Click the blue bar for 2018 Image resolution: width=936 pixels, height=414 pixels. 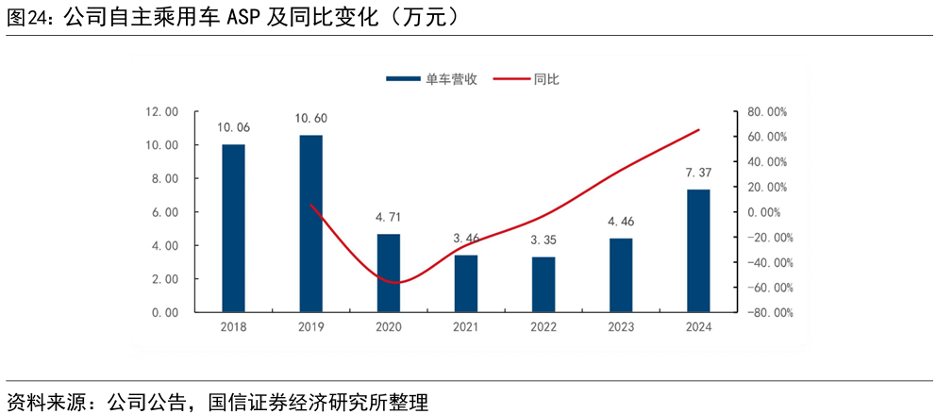tap(233, 228)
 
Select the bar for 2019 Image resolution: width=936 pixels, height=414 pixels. tap(310, 224)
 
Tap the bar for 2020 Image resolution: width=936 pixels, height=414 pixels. tap(388, 273)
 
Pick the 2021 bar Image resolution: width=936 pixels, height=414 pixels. tap(466, 283)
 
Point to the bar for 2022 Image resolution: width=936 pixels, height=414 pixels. tap(543, 284)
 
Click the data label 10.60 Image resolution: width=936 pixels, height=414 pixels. tap(310, 119)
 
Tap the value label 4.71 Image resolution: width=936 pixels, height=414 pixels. tap(388, 217)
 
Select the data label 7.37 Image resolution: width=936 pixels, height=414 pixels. tap(698, 173)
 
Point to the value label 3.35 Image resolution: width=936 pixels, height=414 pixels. tap(543, 240)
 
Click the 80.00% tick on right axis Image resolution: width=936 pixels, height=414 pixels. tap(767, 111)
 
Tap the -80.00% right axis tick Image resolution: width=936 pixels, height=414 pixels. tap(765, 312)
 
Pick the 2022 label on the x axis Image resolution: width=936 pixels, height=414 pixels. tap(543, 327)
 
